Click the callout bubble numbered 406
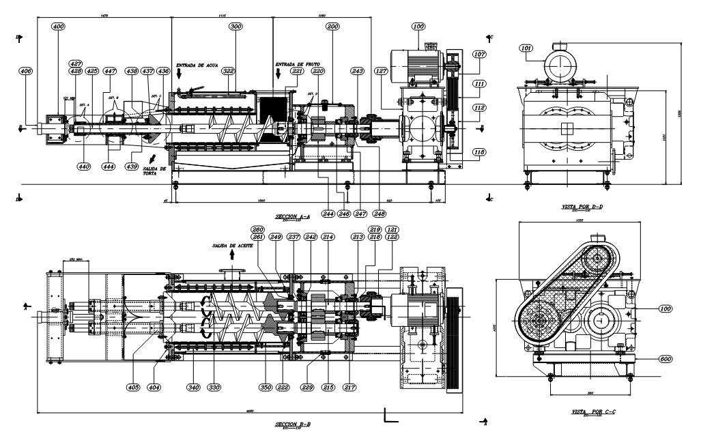point(26,71)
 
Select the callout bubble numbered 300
point(236,26)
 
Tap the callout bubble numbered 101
point(526,48)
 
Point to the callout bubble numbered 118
point(481,152)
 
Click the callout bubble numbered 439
point(132,166)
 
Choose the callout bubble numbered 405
point(133,388)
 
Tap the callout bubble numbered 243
point(357,71)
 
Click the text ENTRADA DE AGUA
point(196,66)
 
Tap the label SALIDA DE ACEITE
point(232,245)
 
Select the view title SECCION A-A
point(292,216)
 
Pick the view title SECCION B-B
point(292,424)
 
